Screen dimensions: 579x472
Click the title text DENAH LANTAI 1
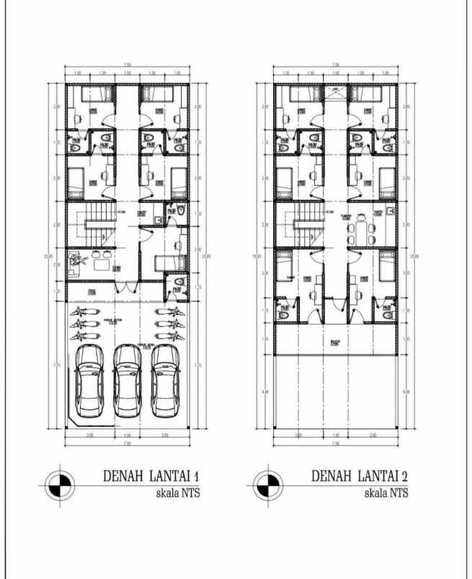click(x=151, y=476)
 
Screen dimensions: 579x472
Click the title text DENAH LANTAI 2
click(x=360, y=476)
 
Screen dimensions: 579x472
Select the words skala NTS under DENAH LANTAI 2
click(x=386, y=493)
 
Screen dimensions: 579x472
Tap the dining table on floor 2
click(x=360, y=231)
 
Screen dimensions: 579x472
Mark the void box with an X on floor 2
click(x=334, y=91)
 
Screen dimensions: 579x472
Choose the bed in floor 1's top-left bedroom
click(x=89, y=94)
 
